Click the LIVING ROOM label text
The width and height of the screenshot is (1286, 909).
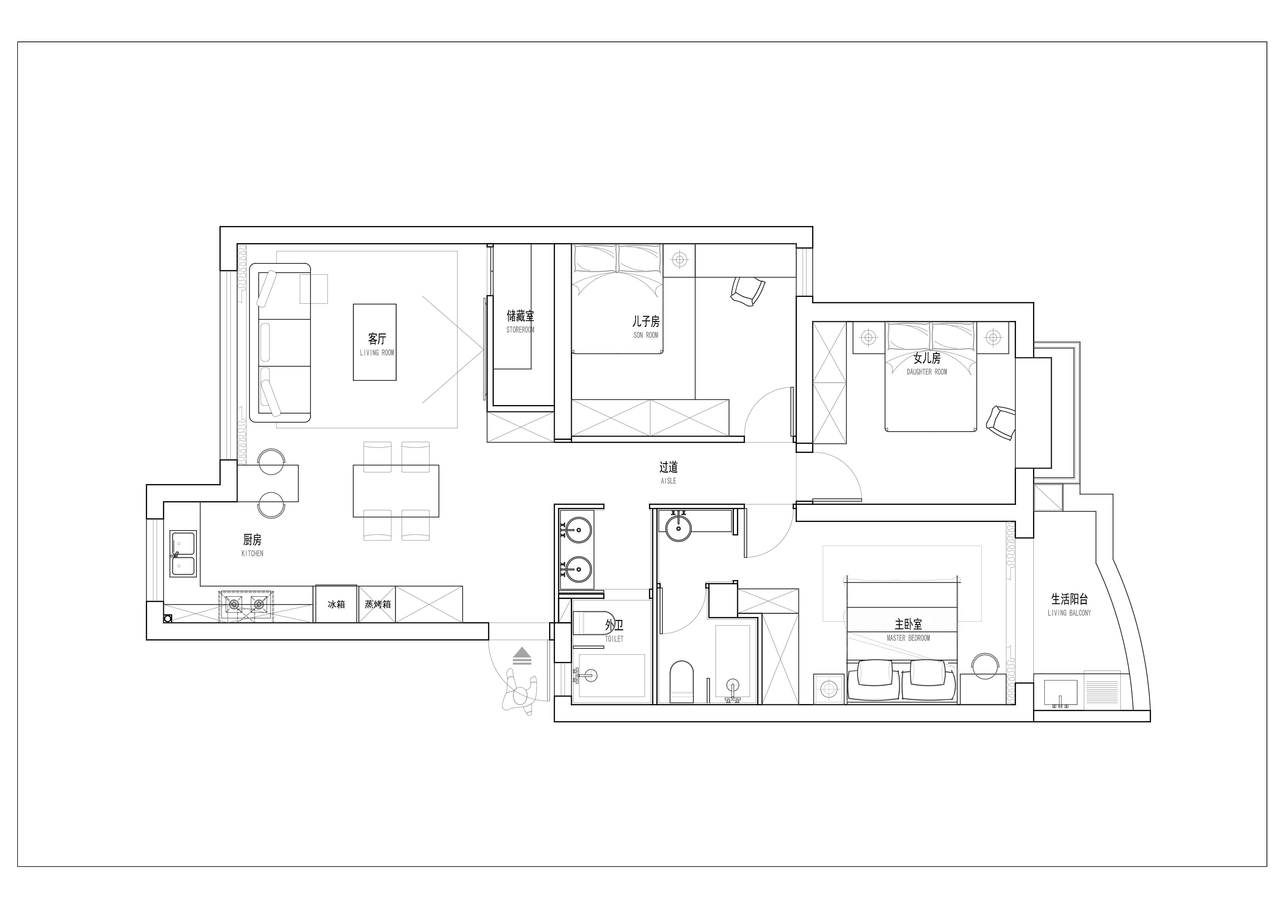377,353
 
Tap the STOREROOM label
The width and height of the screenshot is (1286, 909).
520,330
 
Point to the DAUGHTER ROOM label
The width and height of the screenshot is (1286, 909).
927,372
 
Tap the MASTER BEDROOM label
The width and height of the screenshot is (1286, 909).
908,638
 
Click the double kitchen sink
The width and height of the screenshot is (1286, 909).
183,554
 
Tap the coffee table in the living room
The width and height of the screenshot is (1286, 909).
375,342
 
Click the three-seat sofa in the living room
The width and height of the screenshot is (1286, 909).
280,343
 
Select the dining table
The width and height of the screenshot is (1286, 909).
396,491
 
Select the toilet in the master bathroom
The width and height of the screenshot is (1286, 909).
682,681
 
